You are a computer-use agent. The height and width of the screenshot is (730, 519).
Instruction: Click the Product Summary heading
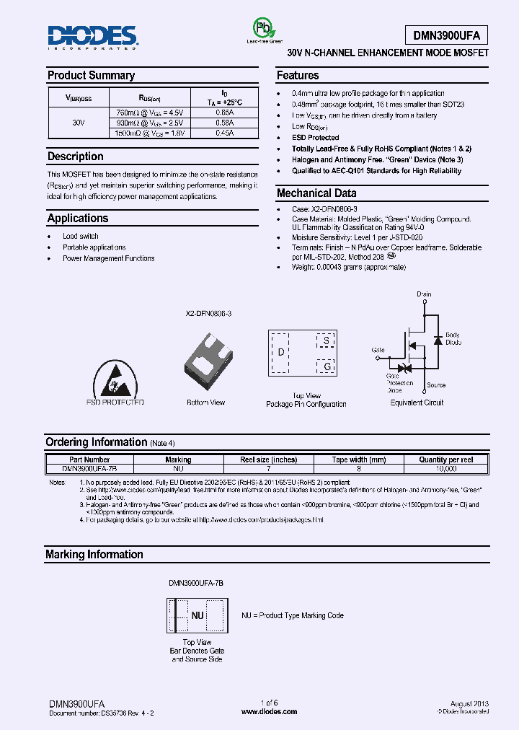91,76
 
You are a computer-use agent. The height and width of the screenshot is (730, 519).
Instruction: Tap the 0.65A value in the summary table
224,113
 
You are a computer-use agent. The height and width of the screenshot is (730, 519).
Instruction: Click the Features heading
298,76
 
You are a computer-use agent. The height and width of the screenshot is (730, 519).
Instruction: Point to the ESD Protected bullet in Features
315,137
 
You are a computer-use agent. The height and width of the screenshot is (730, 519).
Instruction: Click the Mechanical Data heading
316,193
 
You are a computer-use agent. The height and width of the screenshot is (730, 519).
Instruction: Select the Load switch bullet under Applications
81,237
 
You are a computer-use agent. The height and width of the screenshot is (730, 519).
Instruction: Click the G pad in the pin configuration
326,367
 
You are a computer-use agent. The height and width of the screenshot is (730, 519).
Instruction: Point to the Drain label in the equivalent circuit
424,294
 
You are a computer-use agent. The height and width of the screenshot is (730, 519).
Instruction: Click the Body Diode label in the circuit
452,338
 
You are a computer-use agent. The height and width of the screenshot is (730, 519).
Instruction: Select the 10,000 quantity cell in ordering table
446,468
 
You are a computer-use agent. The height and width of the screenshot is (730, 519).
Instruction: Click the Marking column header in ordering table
178,459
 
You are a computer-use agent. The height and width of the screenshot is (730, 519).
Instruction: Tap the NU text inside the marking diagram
197,615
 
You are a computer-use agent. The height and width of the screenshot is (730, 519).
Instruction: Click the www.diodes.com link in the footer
269,711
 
